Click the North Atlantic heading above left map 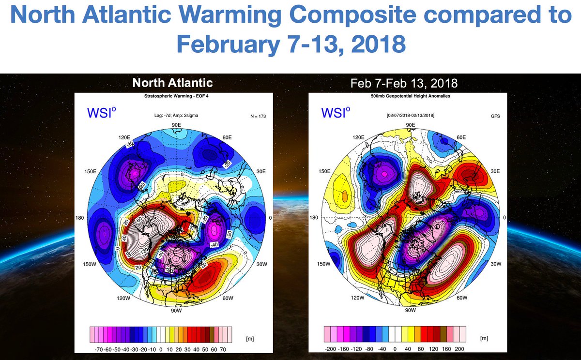pyautogui.click(x=173, y=83)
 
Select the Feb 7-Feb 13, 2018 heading pyautogui.click(x=404, y=83)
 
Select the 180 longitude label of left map pyautogui.click(x=80, y=218)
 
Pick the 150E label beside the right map pyautogui.click(x=323, y=171)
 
